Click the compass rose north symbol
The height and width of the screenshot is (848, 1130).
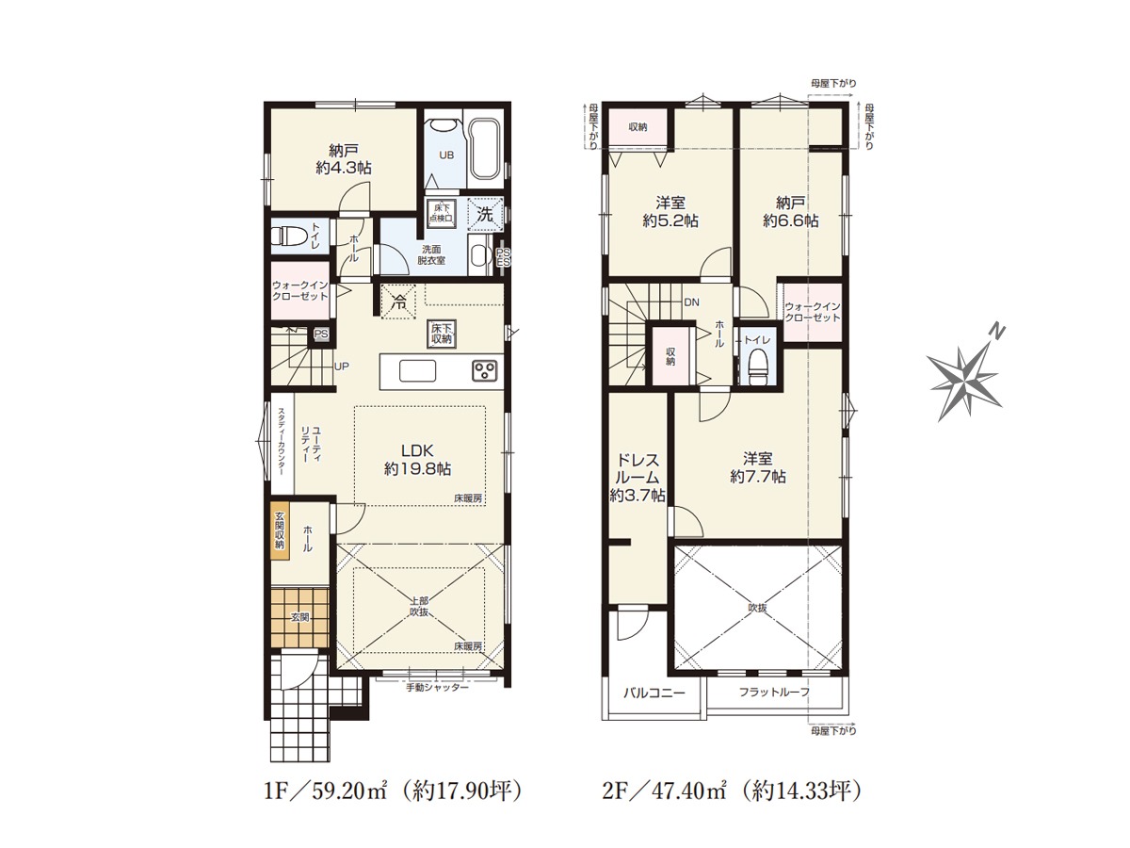click(965, 379)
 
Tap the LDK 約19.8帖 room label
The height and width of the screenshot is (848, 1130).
click(417, 460)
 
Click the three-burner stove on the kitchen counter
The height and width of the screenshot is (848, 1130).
click(484, 370)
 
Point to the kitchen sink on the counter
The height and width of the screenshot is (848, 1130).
click(417, 370)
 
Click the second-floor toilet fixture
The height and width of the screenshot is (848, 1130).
click(756, 364)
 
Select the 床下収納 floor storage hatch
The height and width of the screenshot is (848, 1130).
click(442, 334)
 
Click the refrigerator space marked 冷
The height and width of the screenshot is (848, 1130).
click(398, 302)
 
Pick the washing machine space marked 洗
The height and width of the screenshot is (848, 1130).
click(485, 214)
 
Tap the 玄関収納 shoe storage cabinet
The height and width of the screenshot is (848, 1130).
click(280, 530)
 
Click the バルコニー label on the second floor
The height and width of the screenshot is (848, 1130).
click(654, 693)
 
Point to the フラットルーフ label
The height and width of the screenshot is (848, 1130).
click(774, 692)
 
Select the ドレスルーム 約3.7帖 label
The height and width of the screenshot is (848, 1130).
click(638, 478)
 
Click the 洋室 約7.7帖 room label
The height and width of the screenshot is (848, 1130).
click(758, 467)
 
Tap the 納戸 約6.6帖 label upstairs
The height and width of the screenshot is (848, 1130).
click(791, 212)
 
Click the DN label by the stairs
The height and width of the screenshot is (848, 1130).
click(692, 302)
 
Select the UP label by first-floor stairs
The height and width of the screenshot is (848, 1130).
click(342, 367)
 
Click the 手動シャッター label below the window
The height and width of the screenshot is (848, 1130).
click(438, 688)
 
